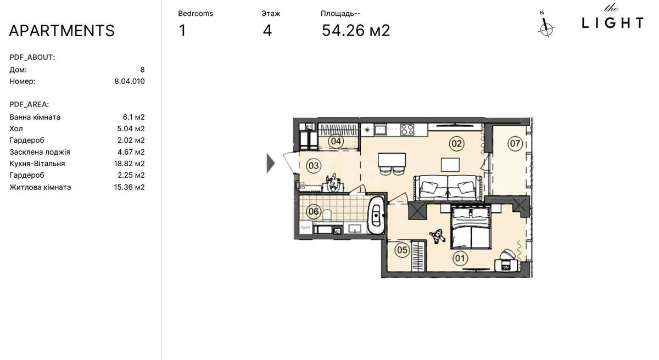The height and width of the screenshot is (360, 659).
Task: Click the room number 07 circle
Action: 515,144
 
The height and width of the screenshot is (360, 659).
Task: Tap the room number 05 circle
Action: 402,250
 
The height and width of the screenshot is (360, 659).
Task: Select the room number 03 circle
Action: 313,165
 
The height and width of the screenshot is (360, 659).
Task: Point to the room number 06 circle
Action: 313,211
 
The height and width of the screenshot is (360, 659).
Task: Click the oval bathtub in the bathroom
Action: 376,215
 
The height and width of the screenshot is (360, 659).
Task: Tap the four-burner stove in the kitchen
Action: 407,130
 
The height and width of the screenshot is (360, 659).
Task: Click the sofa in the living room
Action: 448,188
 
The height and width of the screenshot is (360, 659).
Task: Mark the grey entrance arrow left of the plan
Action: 270,163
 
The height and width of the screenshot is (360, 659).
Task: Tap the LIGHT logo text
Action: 612,22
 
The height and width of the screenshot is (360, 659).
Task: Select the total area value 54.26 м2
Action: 356,30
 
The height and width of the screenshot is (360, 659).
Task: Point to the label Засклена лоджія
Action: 40,152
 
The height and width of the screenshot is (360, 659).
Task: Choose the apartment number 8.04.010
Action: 129,81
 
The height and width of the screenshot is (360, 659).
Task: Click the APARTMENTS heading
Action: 62,31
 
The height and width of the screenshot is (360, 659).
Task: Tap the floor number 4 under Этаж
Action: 267,30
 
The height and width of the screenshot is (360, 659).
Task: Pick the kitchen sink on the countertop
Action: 381,130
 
